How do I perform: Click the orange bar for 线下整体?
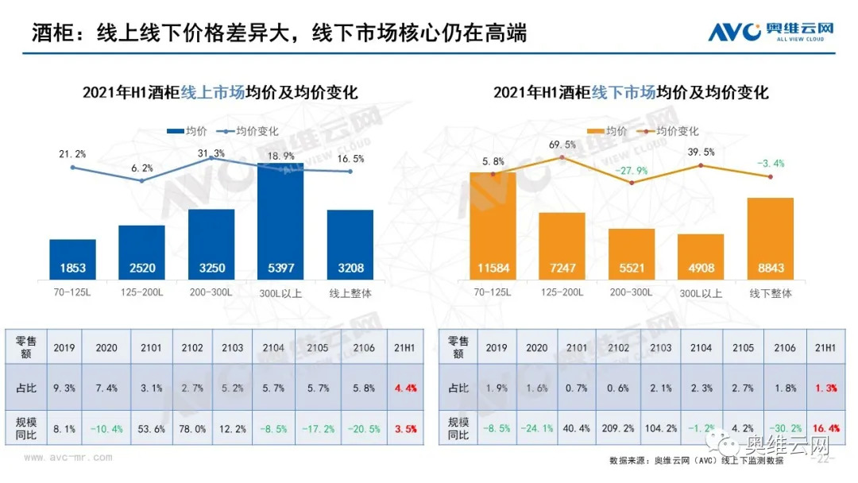pyautogui.click(x=770, y=238)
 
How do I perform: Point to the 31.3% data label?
pyautogui.click(x=211, y=153)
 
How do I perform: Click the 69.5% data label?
pyautogui.click(x=562, y=145)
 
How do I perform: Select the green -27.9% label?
pyautogui.click(x=632, y=171)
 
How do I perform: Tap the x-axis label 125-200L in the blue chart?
pyautogui.click(x=141, y=292)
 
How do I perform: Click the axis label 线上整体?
pyautogui.click(x=350, y=293)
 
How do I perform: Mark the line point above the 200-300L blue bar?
pyautogui.click(x=211, y=158)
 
